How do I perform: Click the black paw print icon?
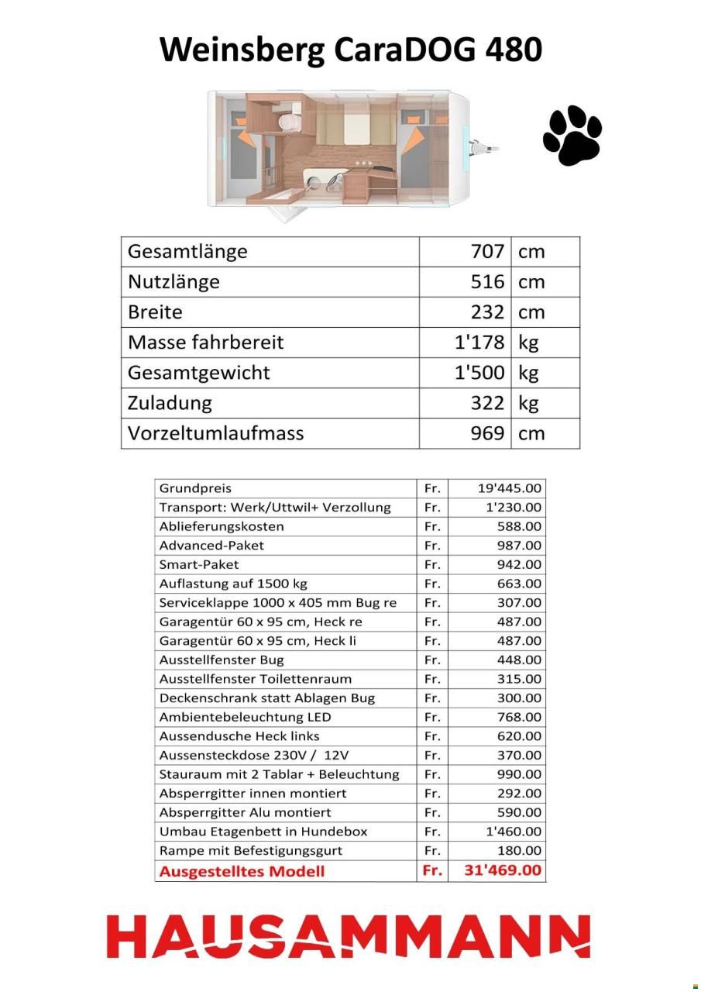[572, 136]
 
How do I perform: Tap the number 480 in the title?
[513, 50]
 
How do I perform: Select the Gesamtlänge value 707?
[487, 252]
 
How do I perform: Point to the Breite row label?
[156, 312]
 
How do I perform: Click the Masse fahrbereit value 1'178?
[479, 343]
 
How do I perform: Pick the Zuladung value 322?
[487, 403]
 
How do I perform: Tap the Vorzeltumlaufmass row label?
[216, 433]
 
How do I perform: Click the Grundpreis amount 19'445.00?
[509, 488]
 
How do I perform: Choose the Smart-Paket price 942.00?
[519, 564]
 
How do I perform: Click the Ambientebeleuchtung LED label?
[245, 717]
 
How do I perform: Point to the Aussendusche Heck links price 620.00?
[519, 736]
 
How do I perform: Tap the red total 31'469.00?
[503, 870]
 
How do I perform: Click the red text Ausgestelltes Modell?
[242, 871]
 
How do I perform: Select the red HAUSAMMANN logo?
[349, 936]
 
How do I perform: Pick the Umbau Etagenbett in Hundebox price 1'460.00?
[513, 832]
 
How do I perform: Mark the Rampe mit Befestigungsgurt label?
[250, 851]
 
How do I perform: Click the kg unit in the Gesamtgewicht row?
[529, 373]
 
